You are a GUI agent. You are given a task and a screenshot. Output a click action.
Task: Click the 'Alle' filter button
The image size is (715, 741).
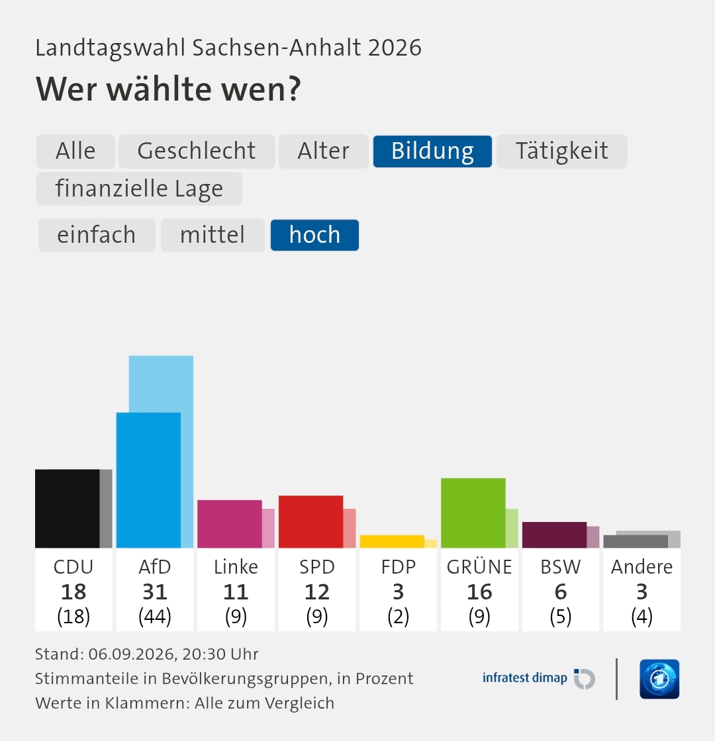point(75,152)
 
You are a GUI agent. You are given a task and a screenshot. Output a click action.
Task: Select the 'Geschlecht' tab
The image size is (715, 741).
point(197,152)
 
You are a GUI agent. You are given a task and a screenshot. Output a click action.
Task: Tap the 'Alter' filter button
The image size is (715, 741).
point(324,152)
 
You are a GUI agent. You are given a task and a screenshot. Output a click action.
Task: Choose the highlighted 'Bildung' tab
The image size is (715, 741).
point(433,152)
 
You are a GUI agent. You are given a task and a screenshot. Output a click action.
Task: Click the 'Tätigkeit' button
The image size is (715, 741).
point(562,152)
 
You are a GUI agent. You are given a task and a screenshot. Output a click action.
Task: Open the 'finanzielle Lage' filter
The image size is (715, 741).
point(139,189)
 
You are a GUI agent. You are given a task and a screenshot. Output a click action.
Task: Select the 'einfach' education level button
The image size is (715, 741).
point(97,235)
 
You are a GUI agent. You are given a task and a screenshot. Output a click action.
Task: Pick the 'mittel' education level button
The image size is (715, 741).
point(213,235)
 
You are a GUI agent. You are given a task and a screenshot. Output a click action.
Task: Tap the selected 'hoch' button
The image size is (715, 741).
point(314,235)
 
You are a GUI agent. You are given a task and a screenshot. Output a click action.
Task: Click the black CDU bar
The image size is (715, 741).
point(67,509)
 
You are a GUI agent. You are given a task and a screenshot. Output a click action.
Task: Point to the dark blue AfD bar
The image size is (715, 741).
point(148,480)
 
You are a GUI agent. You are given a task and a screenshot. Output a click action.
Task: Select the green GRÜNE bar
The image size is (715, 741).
point(473,513)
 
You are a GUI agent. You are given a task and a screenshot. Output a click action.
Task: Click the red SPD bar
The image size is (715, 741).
point(310,522)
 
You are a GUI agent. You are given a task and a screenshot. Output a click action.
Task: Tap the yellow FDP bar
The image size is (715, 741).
point(392,542)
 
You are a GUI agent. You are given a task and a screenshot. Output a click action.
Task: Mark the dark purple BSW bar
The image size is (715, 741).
point(554,535)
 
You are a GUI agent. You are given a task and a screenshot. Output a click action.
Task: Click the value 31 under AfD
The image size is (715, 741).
point(155,591)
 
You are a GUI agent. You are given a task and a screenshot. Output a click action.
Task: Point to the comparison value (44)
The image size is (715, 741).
point(155,616)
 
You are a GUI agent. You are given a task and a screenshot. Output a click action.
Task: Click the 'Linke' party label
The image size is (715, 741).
point(236,566)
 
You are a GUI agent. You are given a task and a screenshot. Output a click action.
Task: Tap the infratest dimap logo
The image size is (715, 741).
point(539,679)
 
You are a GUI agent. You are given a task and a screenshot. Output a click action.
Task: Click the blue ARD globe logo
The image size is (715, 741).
point(659,679)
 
